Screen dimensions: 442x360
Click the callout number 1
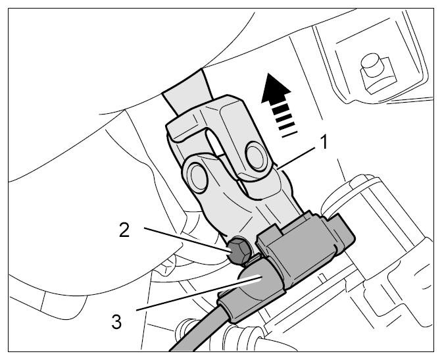coord(324,141)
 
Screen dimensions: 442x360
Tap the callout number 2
coord(124,230)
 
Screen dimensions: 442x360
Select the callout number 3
coord(116,322)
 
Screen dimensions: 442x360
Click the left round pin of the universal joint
coord(197,177)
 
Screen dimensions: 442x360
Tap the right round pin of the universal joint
coord(257,154)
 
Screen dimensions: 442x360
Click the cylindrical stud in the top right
coord(370,64)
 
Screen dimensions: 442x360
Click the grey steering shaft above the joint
coord(187,91)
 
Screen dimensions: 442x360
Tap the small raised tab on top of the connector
coord(270,231)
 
